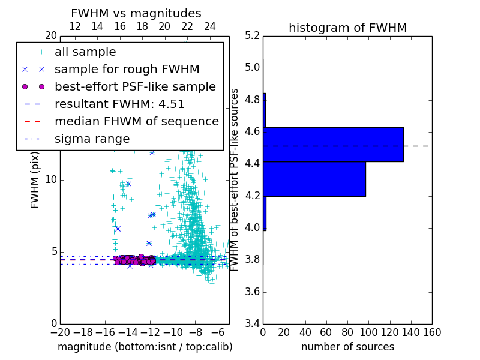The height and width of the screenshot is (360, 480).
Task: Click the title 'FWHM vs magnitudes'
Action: tap(136, 14)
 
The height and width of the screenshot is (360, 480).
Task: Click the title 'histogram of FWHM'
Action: tap(347, 28)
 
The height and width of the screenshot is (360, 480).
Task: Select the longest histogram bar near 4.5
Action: tap(333, 144)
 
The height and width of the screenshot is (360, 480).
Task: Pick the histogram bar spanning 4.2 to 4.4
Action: tap(314, 179)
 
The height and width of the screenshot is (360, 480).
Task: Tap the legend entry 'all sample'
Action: tap(85, 52)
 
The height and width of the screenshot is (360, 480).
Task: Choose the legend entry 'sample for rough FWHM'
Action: tap(127, 69)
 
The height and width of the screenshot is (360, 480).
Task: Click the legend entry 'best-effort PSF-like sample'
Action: tap(135, 86)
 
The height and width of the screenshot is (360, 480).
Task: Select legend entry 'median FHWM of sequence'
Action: tap(136, 121)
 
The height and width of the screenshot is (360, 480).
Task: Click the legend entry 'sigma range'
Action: tap(92, 139)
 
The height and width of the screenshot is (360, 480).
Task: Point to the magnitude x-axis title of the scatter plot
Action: tap(145, 347)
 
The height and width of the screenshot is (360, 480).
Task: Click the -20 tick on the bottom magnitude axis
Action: tap(60, 332)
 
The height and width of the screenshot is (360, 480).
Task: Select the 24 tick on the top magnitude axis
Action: tap(210, 26)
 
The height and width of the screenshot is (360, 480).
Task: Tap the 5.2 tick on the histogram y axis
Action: tap(252, 35)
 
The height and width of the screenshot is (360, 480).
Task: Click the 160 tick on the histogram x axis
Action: tap(432, 332)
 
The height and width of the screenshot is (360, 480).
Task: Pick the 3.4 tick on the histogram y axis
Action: tap(252, 324)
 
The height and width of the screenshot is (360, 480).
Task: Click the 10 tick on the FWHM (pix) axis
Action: tap(52, 179)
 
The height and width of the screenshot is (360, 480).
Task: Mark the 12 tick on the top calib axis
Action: tap(75, 26)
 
